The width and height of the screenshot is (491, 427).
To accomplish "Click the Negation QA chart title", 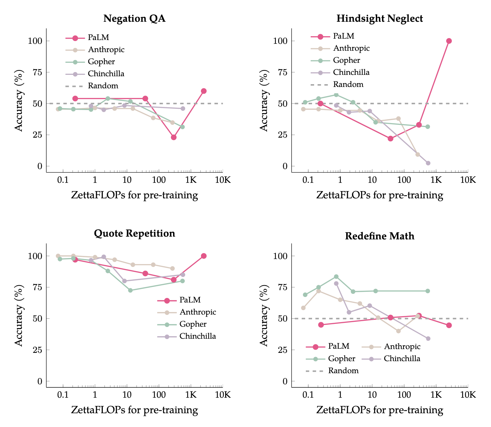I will coord(134,18).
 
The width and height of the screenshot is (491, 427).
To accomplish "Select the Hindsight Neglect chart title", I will coord(380,18).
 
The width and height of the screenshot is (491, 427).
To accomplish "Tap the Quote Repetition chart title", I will coord(134,234).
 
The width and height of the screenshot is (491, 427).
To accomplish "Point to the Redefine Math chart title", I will coord(380,236).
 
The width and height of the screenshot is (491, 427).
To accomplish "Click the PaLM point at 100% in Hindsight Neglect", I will coord(449,41).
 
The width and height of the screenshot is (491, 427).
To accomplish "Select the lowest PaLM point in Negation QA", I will coord(174,137).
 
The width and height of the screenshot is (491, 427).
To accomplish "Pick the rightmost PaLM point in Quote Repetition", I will coord(204,256).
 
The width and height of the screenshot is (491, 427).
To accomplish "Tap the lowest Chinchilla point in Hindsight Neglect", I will coord(428,163).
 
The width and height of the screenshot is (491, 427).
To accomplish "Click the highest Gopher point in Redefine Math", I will coord(336,277).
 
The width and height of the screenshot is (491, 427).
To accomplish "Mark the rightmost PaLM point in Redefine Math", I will coord(449,325).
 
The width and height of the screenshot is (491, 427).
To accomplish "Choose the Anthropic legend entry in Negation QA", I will coord(106,50).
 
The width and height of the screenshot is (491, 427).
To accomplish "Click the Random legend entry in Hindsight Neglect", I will coord(348,85).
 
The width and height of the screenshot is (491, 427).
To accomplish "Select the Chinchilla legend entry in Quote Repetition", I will coord(198,336).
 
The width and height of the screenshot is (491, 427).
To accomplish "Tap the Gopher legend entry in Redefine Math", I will coord(341,359).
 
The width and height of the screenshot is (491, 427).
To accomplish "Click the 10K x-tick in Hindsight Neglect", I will coord(468,179).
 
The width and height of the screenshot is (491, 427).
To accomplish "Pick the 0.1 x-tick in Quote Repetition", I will coord(63,395).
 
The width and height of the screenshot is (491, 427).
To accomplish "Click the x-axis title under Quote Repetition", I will coord(134,410).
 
